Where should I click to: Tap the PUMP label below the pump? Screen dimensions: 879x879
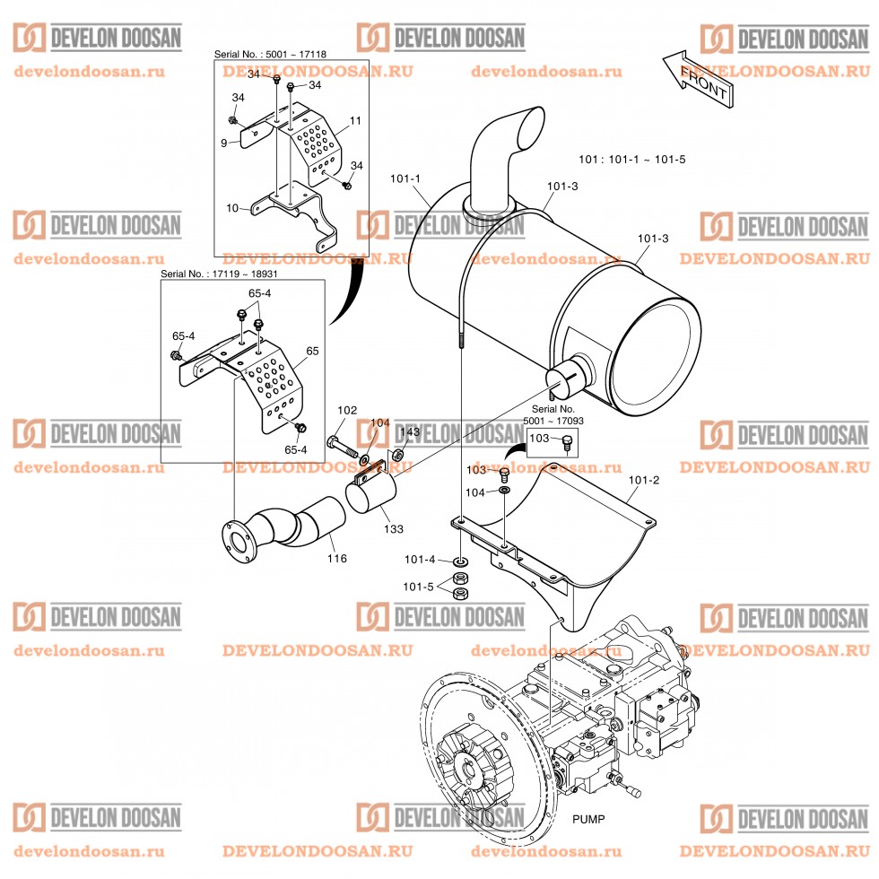[x=588, y=819]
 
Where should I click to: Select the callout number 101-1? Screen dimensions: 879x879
[x=405, y=178]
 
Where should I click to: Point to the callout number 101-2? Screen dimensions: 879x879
[x=644, y=481]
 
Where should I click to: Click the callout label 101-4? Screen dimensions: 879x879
[x=419, y=561]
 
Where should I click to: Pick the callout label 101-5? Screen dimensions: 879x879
[x=419, y=587]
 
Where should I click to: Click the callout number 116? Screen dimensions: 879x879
[x=336, y=559]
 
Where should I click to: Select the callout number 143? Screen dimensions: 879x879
[x=409, y=432]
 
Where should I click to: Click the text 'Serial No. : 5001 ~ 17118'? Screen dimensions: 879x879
[x=270, y=55]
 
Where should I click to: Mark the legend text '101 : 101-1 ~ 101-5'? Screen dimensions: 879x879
[x=632, y=160]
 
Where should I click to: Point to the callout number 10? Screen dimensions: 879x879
[x=232, y=208]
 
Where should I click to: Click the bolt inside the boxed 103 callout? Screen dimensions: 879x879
[x=565, y=440]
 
